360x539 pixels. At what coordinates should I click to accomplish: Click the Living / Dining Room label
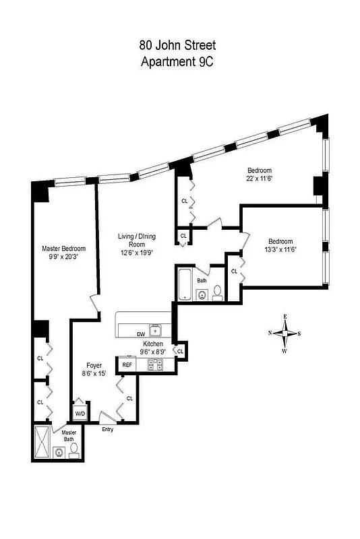[x=137, y=241]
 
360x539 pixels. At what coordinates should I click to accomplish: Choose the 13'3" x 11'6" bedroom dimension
[x=280, y=249]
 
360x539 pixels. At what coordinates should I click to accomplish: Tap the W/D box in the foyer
[x=80, y=413]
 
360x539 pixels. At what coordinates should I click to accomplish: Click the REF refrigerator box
[x=126, y=364]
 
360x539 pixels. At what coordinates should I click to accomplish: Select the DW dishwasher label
[x=141, y=334]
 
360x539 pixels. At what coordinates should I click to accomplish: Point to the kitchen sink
[x=156, y=330]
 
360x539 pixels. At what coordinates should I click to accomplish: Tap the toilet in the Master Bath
[x=73, y=451]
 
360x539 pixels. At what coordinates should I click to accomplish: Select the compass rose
[x=286, y=334]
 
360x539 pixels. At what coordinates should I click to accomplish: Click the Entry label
[x=107, y=429]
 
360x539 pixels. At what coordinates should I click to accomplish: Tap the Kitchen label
[x=153, y=344]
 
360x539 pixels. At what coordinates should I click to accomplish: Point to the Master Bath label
[x=69, y=437]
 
